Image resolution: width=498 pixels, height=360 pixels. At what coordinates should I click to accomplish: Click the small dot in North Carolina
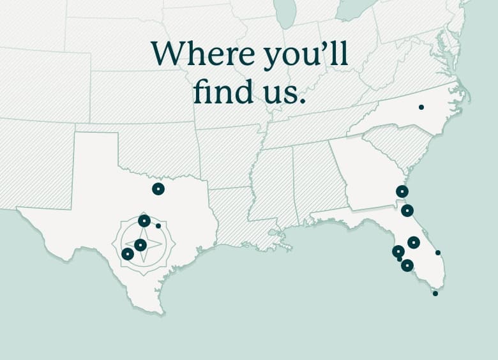[x=421, y=107]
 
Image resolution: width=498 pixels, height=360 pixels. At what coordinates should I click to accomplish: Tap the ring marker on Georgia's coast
[x=402, y=191]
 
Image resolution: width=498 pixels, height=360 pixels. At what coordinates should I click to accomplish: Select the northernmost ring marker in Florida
[x=407, y=211]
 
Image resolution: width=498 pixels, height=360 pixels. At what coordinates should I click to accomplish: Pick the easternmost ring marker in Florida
[x=414, y=243]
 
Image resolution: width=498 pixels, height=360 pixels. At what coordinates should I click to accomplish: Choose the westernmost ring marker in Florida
[x=398, y=251]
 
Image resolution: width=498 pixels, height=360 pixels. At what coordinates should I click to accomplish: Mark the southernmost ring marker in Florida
[x=407, y=266]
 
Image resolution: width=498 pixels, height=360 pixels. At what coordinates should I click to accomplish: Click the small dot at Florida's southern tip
[x=435, y=294]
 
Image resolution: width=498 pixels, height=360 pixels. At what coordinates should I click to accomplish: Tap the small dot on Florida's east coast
[x=438, y=253]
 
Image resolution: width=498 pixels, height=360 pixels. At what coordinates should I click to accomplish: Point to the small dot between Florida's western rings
[x=400, y=259]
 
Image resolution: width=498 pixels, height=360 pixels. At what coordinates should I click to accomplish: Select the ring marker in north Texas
[x=158, y=188]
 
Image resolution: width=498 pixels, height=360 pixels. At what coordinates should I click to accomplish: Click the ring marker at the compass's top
[x=144, y=221]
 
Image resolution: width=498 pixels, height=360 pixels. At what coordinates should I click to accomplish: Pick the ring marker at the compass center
[x=140, y=245]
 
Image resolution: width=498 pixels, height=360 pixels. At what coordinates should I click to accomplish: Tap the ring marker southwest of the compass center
[x=128, y=253]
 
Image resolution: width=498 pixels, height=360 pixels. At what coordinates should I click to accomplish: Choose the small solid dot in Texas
[x=158, y=225]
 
